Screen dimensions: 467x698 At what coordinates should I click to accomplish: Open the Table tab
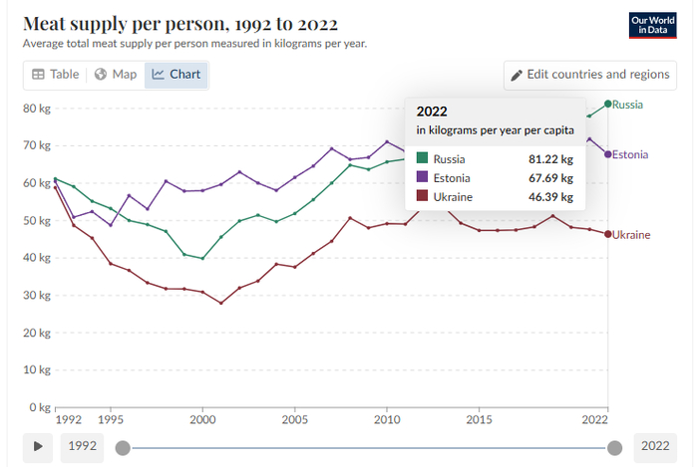tap(55, 74)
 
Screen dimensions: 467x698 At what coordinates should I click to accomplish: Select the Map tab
tap(116, 74)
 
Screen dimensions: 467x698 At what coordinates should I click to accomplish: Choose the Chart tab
tap(176, 74)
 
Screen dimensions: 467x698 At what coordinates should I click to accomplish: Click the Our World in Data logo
tap(653, 25)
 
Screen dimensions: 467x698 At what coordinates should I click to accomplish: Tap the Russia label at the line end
tap(628, 105)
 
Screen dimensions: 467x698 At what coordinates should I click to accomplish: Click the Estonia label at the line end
tap(630, 154)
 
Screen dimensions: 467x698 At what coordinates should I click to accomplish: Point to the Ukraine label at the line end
tap(630, 235)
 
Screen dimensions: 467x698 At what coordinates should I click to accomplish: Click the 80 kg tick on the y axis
tap(37, 108)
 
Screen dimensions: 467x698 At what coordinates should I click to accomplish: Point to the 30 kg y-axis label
tap(37, 295)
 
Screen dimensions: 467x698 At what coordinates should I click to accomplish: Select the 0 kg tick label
tap(40, 407)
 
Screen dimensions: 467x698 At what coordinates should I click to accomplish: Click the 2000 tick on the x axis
tap(202, 421)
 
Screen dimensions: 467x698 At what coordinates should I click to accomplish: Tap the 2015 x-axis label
tap(480, 421)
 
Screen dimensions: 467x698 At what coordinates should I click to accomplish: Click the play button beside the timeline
tap(37, 446)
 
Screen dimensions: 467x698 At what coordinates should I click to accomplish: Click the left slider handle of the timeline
tap(123, 447)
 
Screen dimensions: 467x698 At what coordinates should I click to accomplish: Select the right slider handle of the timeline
tap(615, 447)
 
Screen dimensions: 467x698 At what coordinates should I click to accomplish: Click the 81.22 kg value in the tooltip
tap(551, 159)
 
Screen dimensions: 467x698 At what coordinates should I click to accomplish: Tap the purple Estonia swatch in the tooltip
tap(423, 178)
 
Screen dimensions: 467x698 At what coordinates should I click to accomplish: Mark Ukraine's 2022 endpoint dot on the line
tap(608, 234)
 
